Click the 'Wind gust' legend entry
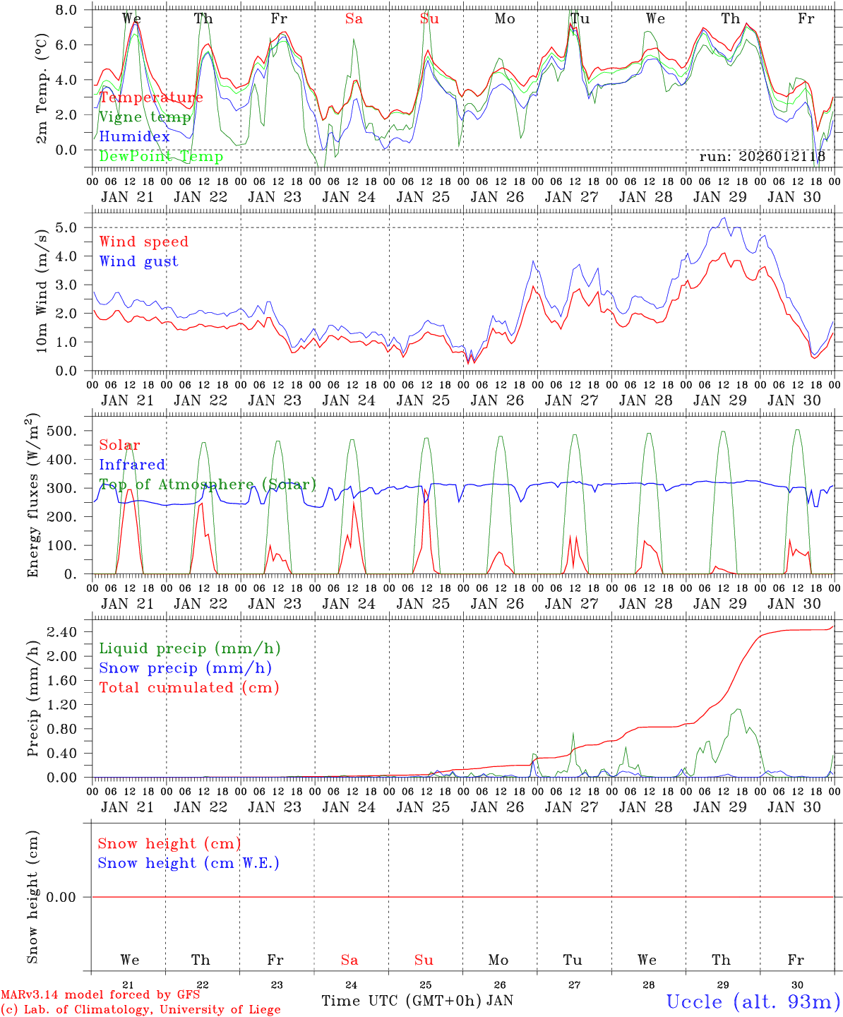pyautogui.click(x=138, y=261)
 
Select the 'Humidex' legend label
pyautogui.click(x=135, y=136)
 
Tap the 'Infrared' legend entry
pyautogui.click(x=132, y=465)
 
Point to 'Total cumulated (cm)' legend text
pyautogui.click(x=189, y=687)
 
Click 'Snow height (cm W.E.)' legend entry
pyautogui.click(x=189, y=863)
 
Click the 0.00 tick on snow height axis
pyautogui.click(x=66, y=897)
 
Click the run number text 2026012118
pyautogui.click(x=762, y=157)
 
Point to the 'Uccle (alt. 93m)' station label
pyautogui.click(x=753, y=1001)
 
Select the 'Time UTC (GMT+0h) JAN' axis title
pyautogui.click(x=417, y=1001)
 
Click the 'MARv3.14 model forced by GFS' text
pyautogui.click(x=100, y=995)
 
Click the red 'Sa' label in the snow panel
pyautogui.click(x=349, y=960)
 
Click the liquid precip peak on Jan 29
pyautogui.click(x=739, y=709)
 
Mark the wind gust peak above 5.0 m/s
pyautogui.click(x=724, y=218)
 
